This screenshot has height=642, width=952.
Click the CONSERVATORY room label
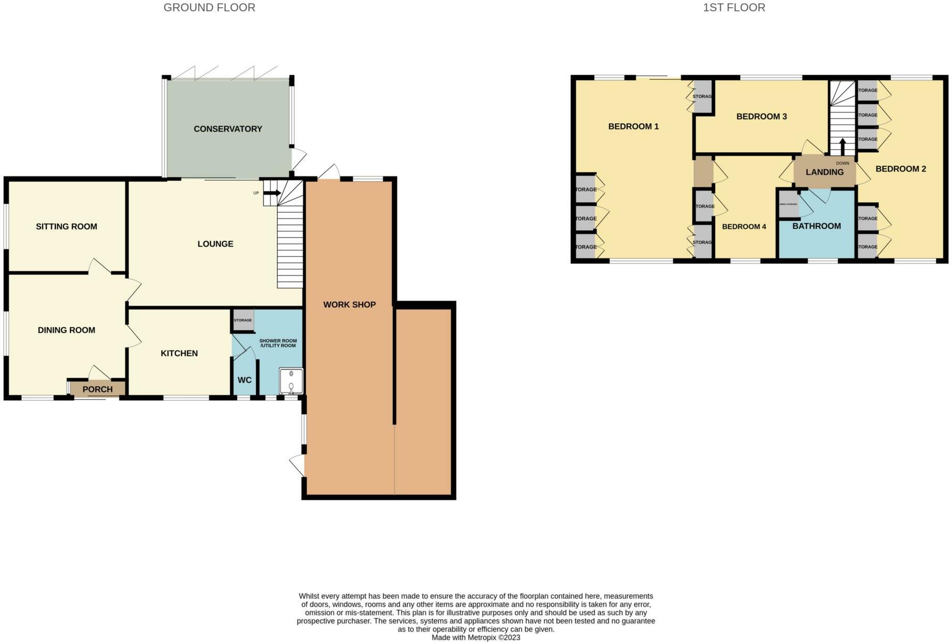pos(228,129)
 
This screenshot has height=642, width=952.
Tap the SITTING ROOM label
pos(66,226)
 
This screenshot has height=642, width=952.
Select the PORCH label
pos(97,389)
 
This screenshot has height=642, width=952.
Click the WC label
pos(244,380)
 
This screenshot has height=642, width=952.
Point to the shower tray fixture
pos(291,381)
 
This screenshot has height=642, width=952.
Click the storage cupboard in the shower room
pos(243,319)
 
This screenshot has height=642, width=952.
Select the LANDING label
pos(824,172)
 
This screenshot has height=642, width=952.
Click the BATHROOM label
pos(816,226)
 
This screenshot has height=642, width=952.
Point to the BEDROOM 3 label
pos(761,116)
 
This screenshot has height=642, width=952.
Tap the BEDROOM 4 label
pos(743,227)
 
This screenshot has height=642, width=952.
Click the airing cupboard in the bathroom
pos(788,204)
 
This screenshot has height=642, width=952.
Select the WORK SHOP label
pos(349,304)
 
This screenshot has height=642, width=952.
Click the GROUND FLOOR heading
pos(209,8)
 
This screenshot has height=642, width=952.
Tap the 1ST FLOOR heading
pos(734,8)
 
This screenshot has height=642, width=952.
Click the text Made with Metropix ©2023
pos(475,637)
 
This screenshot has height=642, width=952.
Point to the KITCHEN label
pos(179,353)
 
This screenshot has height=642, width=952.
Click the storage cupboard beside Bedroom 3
pos(702,96)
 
